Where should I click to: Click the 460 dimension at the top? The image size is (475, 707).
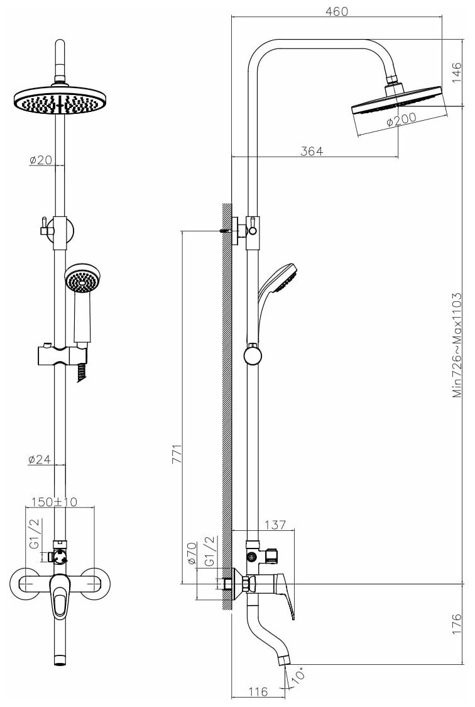(x=336, y=11)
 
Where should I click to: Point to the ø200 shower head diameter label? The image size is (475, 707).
(x=400, y=121)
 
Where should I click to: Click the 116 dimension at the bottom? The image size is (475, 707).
(x=258, y=692)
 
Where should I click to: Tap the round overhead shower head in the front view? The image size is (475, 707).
(x=60, y=101)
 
